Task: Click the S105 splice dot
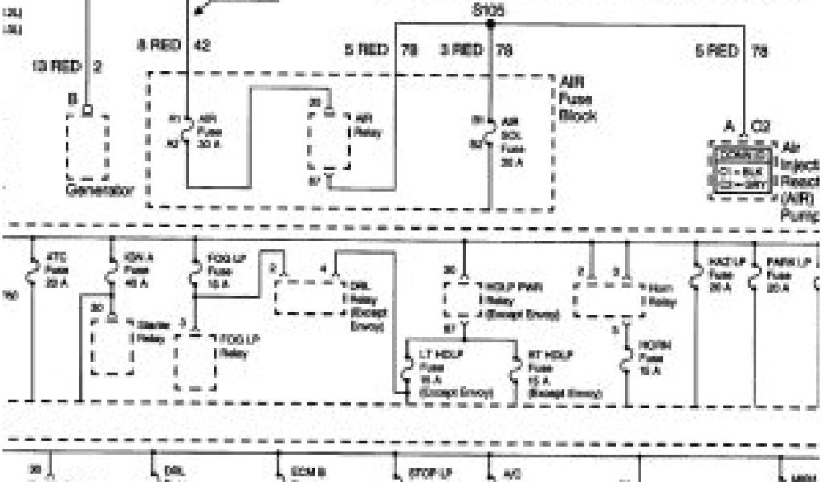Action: [x=489, y=23]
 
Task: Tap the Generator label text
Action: [x=99, y=191]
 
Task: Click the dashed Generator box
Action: [x=87, y=147]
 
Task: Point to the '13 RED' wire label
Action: [x=56, y=67]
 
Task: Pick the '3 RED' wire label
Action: [x=462, y=50]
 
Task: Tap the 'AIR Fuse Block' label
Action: [x=578, y=99]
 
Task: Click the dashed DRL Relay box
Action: [x=310, y=298]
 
